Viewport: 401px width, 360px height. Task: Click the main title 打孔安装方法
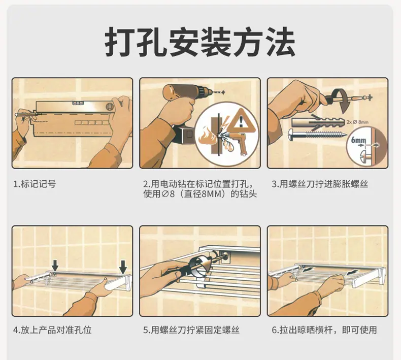coord(200,42)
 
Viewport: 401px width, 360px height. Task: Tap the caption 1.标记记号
coord(35,184)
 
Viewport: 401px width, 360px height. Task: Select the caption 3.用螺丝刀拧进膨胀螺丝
coord(320,184)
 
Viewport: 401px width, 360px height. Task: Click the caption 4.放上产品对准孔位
coord(52,330)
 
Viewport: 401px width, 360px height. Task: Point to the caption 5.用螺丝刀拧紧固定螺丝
coord(191,330)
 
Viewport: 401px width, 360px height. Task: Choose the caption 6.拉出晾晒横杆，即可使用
coord(324,330)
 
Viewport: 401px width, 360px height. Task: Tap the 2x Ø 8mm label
coord(357,122)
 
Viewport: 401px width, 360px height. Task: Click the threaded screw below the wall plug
coord(318,134)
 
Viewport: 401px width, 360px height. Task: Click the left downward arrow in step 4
coord(55,266)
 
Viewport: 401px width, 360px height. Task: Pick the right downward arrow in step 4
coord(123,267)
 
